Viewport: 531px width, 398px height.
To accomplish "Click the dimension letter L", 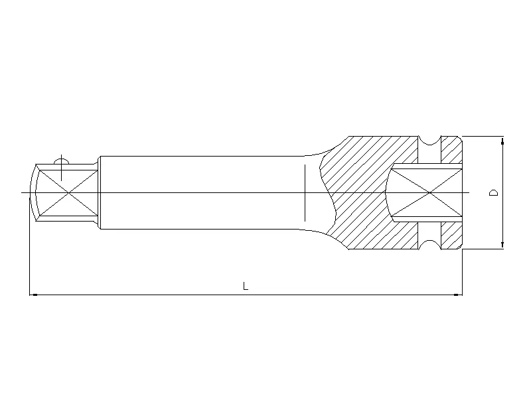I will coord(246,287).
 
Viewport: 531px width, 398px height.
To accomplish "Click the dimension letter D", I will coord(493,193).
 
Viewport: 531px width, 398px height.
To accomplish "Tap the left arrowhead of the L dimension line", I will coord(33,294).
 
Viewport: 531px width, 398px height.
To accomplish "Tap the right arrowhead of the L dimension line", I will coord(459,294).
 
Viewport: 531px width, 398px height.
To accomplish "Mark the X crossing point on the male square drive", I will coord(68,193).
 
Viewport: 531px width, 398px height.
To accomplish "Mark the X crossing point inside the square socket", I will coord(428,193).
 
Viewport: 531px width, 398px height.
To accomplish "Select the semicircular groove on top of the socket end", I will coord(429,140).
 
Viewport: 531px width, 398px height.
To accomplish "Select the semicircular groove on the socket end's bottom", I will coord(429,247).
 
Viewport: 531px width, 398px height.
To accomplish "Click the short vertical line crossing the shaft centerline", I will coord(303,192).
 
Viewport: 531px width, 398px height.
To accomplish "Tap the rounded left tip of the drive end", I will coord(31,193).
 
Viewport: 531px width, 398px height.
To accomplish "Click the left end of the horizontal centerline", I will coord(23,193).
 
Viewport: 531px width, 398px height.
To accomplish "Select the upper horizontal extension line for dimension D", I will coord(483,137).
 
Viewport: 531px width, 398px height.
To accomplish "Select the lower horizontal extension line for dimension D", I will coord(483,249).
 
